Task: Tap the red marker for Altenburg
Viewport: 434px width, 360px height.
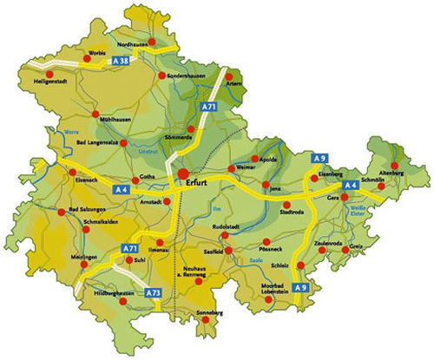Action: tap(395, 164)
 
